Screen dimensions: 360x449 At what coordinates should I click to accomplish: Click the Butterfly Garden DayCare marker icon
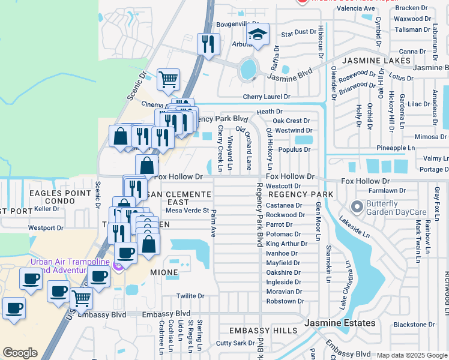point(357,207)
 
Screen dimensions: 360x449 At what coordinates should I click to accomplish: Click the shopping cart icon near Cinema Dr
point(169,79)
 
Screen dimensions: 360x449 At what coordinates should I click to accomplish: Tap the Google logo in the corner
point(20,353)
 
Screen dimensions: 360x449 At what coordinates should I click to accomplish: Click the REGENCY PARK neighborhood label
point(300,195)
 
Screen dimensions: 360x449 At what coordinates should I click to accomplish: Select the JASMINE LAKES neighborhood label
point(376,61)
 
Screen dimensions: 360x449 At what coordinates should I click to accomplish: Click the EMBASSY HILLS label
point(263,331)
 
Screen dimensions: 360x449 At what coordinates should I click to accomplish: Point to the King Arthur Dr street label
point(286,244)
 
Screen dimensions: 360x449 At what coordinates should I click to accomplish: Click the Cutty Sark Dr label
point(235,343)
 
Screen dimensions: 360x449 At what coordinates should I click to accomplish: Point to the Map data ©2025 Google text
point(411,355)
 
